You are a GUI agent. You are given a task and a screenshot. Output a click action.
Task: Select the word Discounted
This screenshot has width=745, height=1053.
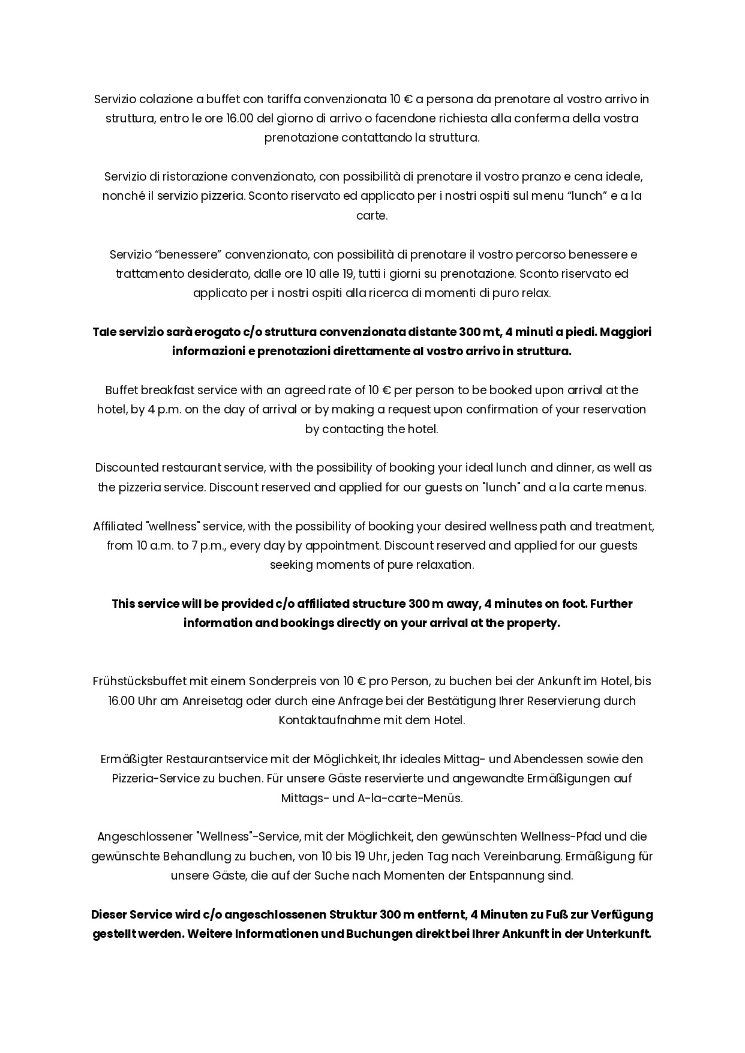[125, 468]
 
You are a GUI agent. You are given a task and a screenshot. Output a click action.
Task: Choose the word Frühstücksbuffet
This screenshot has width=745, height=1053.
[140, 682]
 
